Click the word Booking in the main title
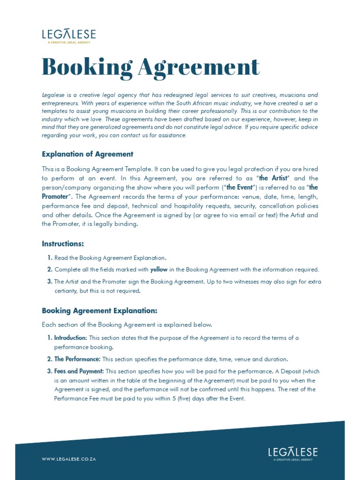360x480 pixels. [87, 67]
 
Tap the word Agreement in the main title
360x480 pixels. [199, 67]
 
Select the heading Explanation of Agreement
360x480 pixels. [88, 154]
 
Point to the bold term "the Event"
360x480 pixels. [239, 187]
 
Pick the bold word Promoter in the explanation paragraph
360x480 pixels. [55, 196]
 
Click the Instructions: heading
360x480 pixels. [63, 244]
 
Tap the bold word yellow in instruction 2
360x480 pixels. [158, 270]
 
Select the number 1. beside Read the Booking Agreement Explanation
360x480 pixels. [49, 258]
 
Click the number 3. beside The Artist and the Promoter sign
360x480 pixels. [49, 282]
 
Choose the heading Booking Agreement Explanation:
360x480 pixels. [99, 311]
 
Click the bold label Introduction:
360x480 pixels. [70, 338]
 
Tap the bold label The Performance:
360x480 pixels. [77, 359]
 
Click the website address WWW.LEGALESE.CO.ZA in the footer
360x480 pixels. [69, 459]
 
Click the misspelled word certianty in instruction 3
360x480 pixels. [67, 291]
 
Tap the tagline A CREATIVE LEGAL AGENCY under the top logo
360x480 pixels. [68, 43]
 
